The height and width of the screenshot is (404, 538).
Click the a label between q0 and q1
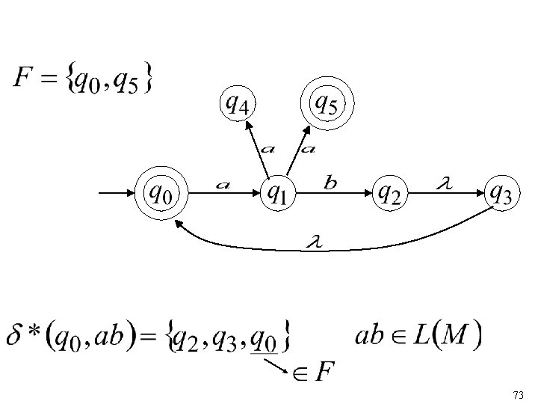point(223,183)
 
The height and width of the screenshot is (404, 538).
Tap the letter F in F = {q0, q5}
point(24,78)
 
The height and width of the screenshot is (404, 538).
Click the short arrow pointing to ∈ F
point(280,367)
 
